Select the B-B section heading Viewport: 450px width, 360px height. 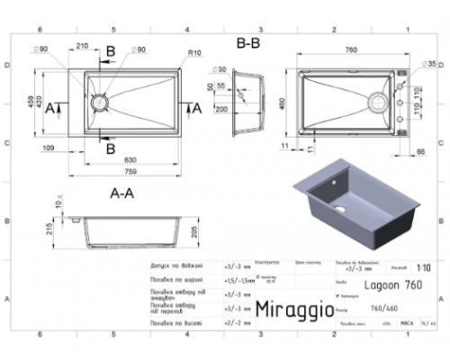pos(250,43)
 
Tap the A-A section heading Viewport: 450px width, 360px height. pos(121,192)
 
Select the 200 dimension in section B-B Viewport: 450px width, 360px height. pos(220,108)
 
